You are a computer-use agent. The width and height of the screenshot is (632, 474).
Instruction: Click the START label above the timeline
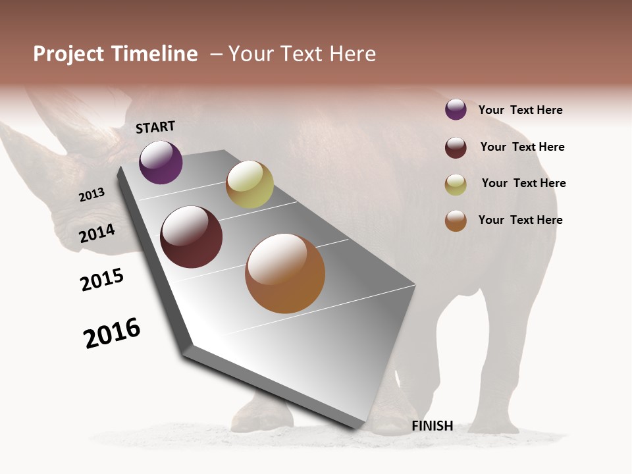[155, 127]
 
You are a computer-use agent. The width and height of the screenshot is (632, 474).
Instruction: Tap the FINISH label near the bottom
[433, 426]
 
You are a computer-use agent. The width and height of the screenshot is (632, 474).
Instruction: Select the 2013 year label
[92, 195]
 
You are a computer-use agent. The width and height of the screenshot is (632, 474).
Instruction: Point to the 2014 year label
[97, 233]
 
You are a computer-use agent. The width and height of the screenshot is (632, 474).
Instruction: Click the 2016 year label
[112, 332]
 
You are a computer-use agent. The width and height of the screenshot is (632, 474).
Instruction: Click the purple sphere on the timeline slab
[161, 162]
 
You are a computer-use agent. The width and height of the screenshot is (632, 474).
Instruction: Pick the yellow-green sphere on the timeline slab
[250, 184]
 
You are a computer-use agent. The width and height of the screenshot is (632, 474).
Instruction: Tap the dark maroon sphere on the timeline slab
[192, 237]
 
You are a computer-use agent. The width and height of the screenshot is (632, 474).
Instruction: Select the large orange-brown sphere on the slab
[285, 273]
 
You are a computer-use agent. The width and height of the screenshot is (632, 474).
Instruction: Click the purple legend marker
[456, 109]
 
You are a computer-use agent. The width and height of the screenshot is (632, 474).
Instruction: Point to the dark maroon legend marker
[456, 147]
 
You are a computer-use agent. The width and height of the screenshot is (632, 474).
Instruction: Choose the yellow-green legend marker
[456, 184]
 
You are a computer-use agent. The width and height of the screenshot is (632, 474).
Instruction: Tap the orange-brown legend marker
[456, 221]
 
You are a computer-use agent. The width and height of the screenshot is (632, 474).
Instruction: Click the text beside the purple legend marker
[520, 110]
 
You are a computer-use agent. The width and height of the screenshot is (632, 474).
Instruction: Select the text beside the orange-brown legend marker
[520, 220]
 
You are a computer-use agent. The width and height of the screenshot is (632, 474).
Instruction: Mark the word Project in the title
[68, 54]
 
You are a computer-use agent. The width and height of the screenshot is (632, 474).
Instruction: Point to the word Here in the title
[353, 54]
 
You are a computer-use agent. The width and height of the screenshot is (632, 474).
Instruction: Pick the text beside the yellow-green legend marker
[523, 183]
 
